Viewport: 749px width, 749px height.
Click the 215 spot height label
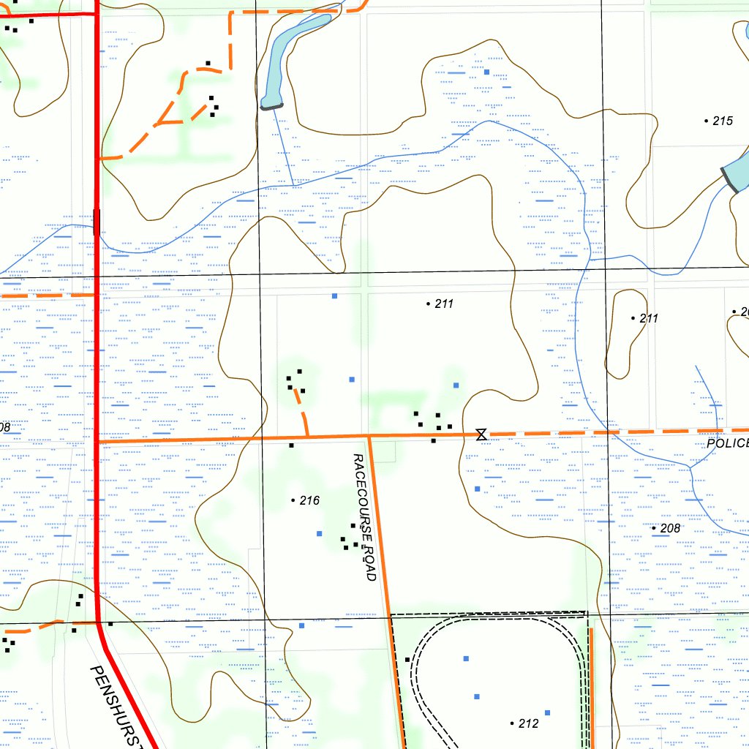tap(722, 121)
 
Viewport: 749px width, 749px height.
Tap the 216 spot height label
tap(309, 501)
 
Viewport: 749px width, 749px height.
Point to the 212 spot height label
tap(528, 723)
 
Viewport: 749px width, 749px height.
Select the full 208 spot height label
tap(670, 528)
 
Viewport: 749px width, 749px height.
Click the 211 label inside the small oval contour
tap(649, 318)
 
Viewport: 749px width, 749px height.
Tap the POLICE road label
tap(728, 444)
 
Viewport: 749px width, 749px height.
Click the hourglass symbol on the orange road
tap(481, 435)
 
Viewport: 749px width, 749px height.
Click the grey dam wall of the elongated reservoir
tap(271, 107)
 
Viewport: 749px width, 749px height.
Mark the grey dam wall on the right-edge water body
tap(729, 180)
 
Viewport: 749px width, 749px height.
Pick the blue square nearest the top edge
tap(486, 72)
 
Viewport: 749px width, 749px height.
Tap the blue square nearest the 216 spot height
tap(319, 533)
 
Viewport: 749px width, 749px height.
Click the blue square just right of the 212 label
tap(547, 712)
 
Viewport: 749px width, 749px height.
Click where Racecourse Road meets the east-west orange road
tap(369, 437)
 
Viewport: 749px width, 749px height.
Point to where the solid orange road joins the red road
tap(98, 441)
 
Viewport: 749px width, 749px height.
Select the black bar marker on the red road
tap(97, 222)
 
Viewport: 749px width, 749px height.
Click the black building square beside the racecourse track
tap(407, 660)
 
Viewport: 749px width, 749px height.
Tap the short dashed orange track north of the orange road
tap(302, 411)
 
